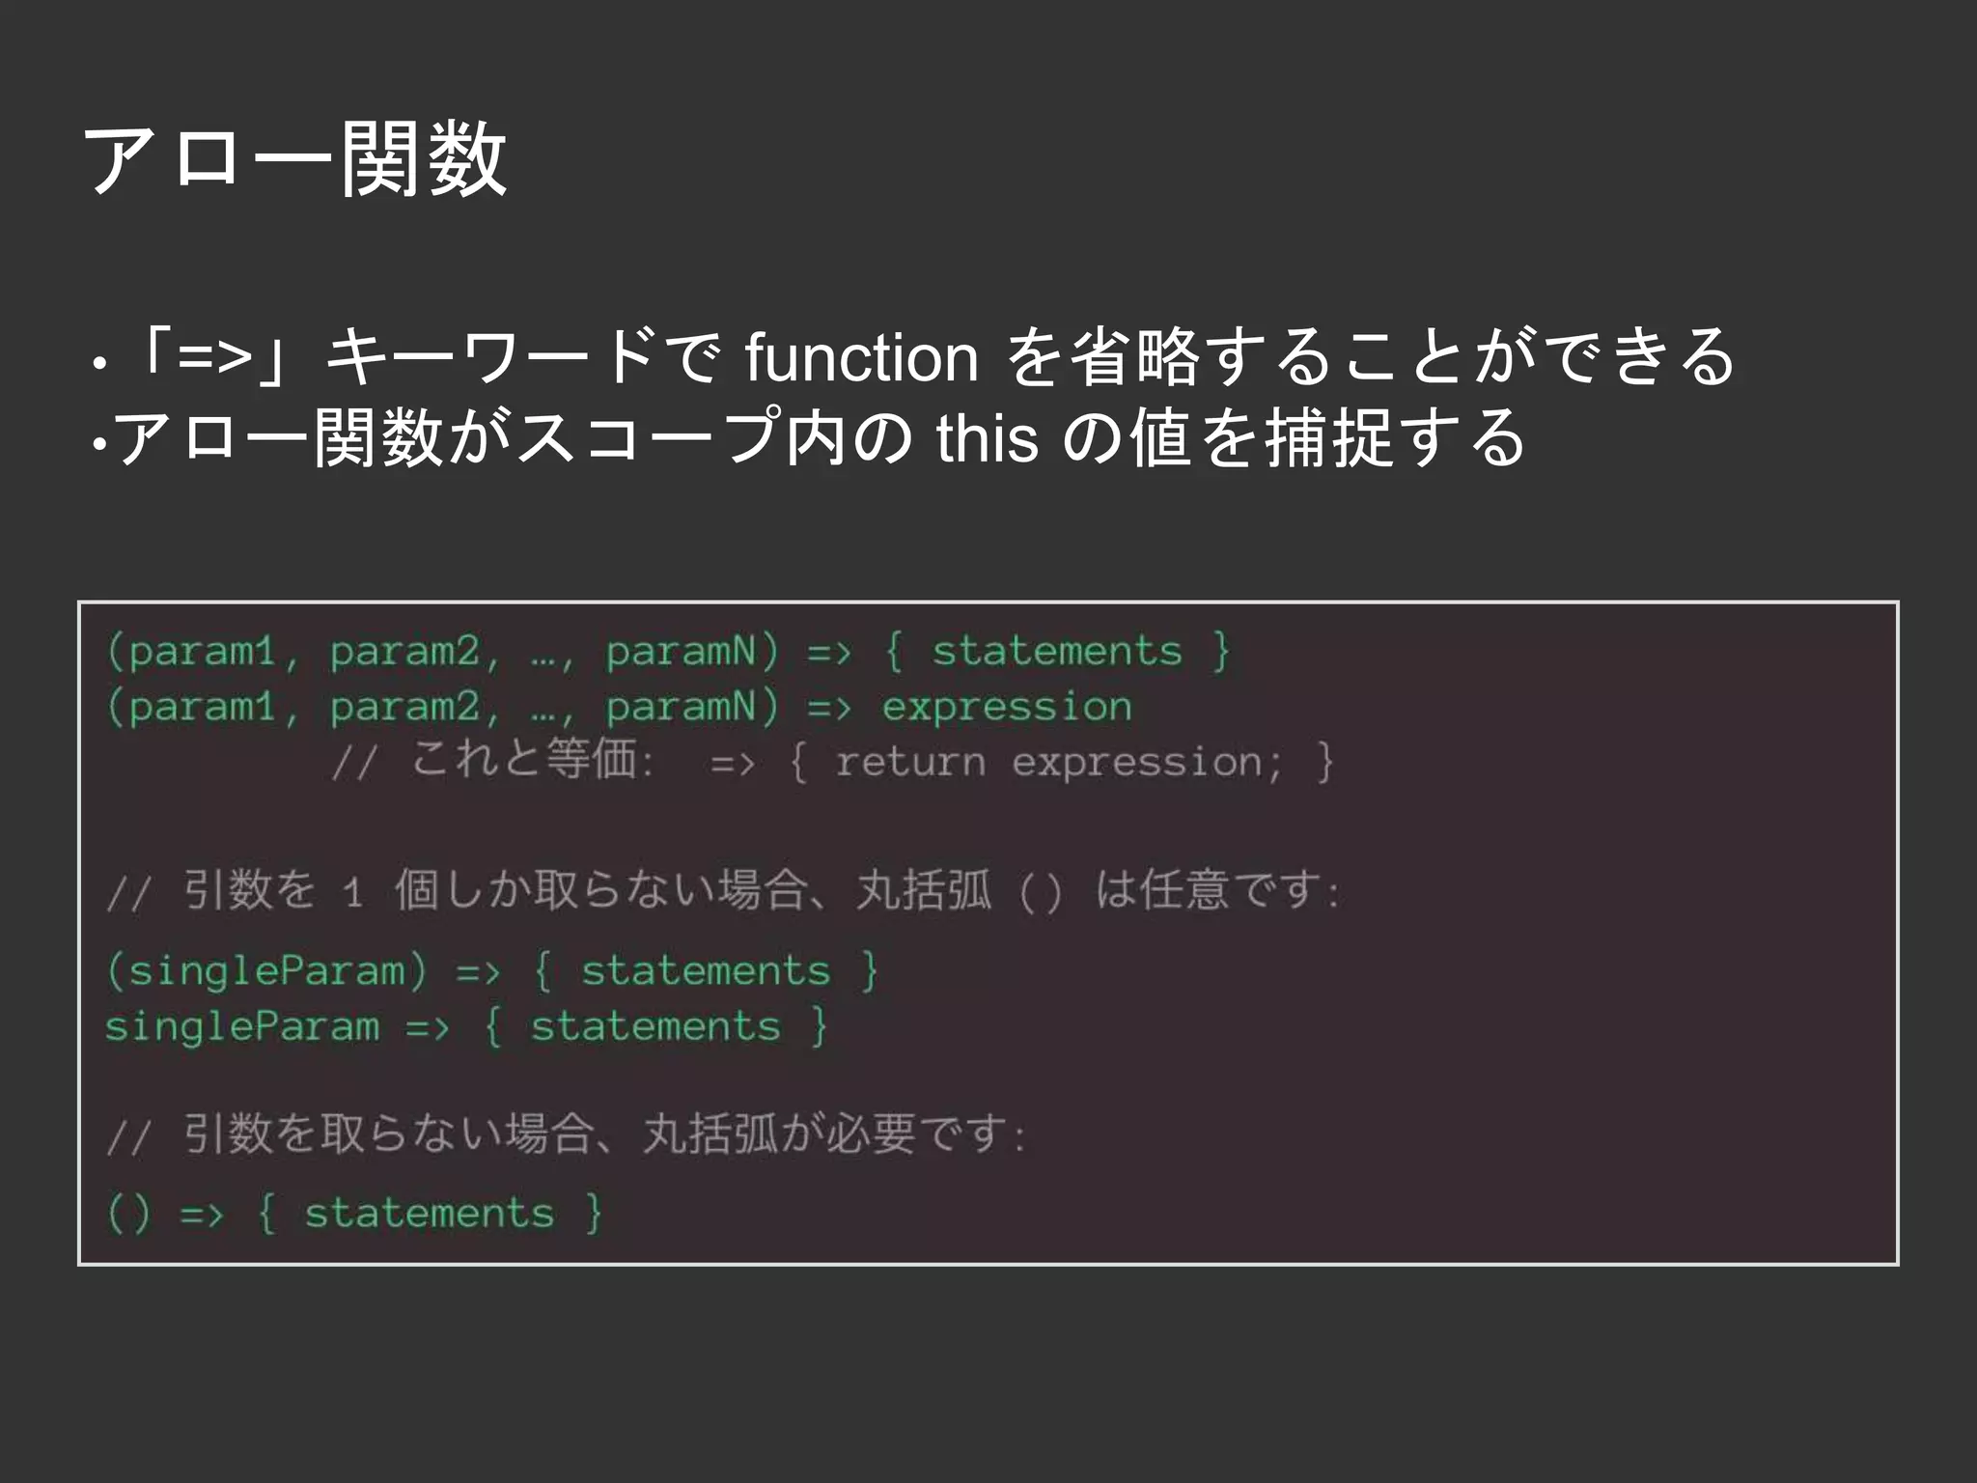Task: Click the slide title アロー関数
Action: pos(295,160)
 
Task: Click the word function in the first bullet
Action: pos(861,357)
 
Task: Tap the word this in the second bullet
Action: pos(987,438)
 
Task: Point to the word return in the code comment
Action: pos(910,763)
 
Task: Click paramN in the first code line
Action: pos(681,652)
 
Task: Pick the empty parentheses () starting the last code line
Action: pos(129,1214)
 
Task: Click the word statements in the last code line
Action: pos(430,1214)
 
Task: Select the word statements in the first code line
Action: pos(1056,652)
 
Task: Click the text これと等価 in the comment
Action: pos(524,759)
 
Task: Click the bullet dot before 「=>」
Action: pos(97,365)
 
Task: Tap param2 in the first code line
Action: pos(404,652)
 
